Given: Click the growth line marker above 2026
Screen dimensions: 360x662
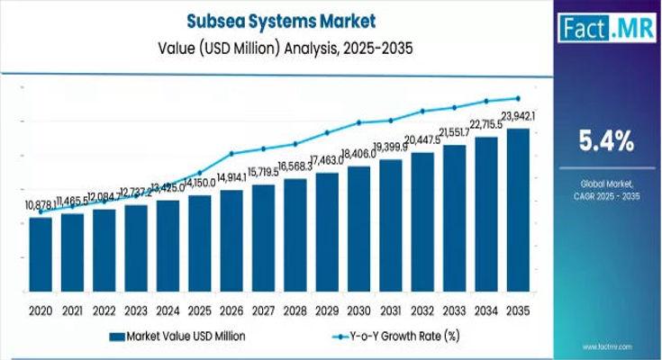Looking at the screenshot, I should [x=231, y=153].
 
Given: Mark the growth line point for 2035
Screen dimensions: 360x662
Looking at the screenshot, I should [x=518, y=98].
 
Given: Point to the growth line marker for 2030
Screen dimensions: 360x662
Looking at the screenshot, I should [x=359, y=122].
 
